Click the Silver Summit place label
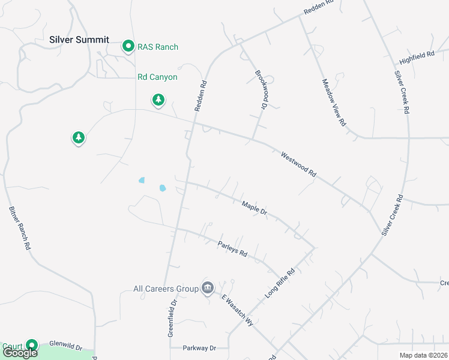pos(79,40)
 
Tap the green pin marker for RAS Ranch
pos(128,46)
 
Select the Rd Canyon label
pos(157,77)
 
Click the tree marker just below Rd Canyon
pos(158,100)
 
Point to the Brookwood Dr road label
pos(261,91)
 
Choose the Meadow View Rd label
pos(334,102)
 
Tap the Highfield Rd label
pos(417,58)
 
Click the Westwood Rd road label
pos(298,163)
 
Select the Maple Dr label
pos(254,208)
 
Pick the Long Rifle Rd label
pos(280,283)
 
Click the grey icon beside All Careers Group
pos(208,288)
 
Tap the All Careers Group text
pos(166,289)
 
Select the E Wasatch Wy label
pos(238,310)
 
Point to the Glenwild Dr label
pos(73,347)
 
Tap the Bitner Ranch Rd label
pos(20,229)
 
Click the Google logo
pos(20,352)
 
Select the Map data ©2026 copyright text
pos(424,355)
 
